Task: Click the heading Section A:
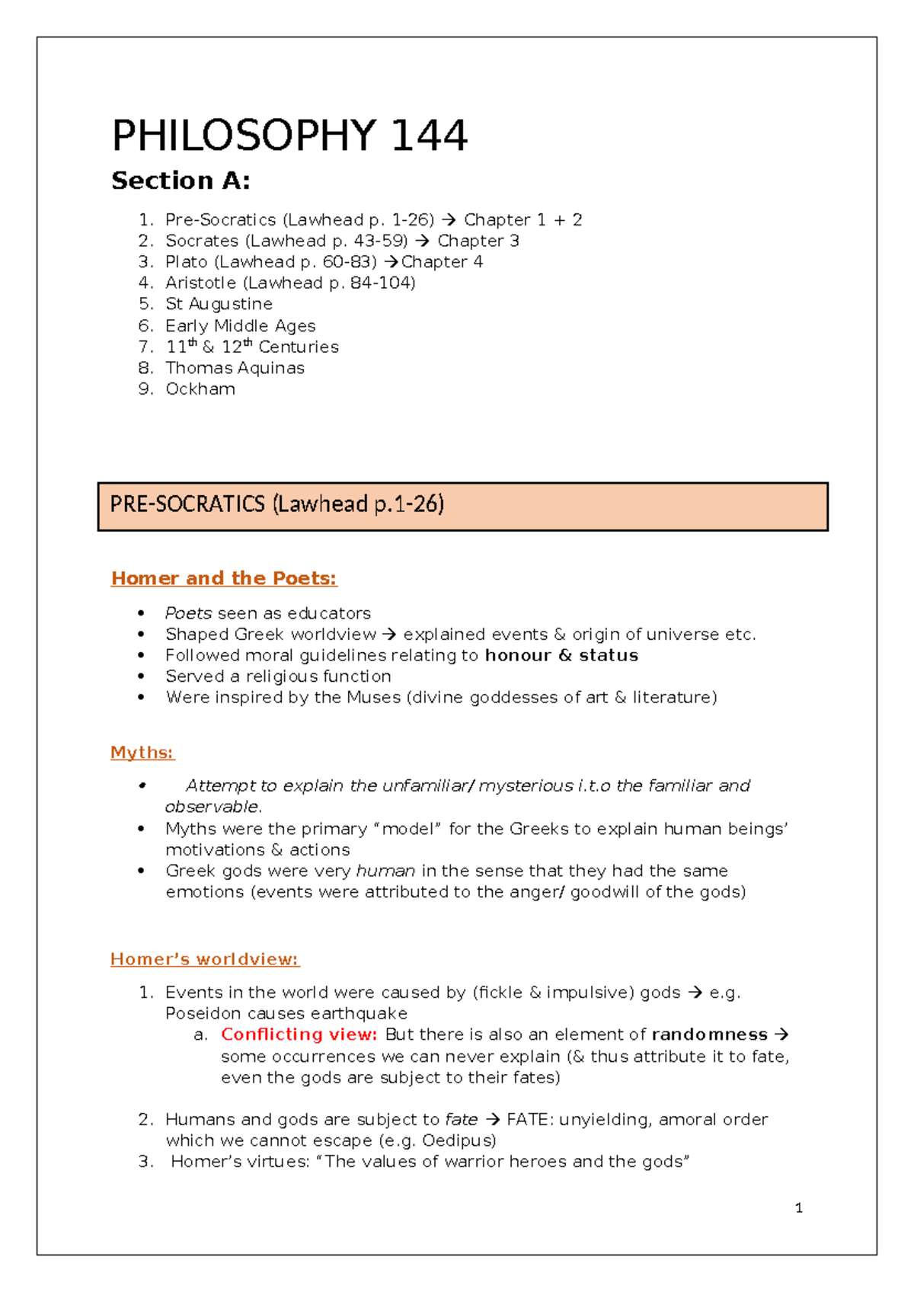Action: point(181,181)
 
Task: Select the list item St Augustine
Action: point(219,304)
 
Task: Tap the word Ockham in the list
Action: point(200,389)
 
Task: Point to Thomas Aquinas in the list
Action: point(235,368)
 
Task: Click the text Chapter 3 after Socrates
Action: point(478,241)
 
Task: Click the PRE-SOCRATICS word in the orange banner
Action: point(187,504)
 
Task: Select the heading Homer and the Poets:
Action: point(224,578)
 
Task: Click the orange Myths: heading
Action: point(142,753)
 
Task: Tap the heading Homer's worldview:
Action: point(205,959)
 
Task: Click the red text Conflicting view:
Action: point(299,1035)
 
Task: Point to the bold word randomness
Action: point(709,1035)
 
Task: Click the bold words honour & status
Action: point(561,655)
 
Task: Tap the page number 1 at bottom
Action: point(798,1207)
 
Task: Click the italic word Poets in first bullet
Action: point(188,613)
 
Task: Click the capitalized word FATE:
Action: point(530,1119)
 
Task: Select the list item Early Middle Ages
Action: point(240,326)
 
